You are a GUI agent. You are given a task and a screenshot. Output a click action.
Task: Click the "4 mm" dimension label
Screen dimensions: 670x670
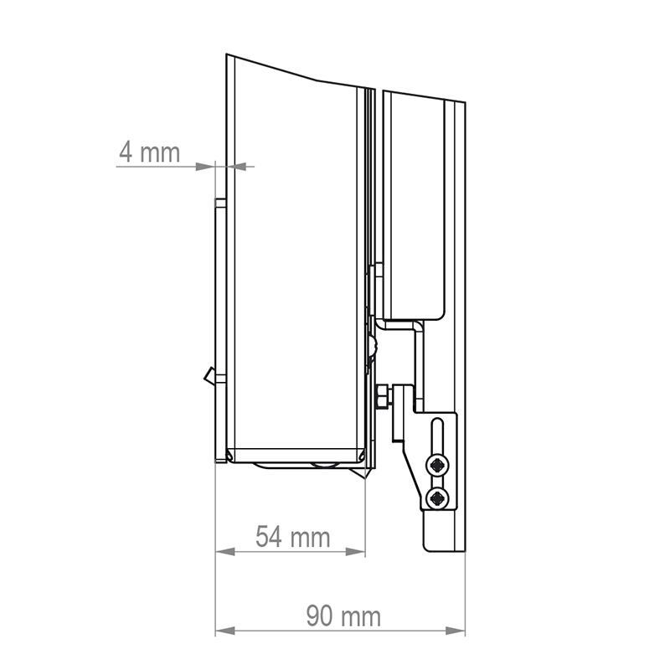[149, 152]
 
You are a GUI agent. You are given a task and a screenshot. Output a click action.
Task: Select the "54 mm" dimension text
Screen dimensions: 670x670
[292, 536]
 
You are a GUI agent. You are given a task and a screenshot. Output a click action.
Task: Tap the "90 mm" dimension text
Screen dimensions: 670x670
[343, 616]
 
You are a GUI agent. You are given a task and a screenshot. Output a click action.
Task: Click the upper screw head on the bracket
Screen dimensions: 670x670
[437, 466]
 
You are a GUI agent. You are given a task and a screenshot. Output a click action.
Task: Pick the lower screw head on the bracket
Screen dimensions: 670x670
[437, 499]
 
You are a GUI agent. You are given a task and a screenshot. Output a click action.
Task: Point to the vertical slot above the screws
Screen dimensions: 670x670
[436, 436]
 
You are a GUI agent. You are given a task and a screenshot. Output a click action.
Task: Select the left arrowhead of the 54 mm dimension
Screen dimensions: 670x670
[224, 552]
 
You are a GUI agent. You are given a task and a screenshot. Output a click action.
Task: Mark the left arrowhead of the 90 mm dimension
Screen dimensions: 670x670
[224, 630]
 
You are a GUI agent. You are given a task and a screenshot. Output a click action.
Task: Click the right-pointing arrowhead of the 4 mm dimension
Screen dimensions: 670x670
[206, 167]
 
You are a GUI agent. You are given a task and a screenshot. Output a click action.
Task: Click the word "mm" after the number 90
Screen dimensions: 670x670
[360, 617]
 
